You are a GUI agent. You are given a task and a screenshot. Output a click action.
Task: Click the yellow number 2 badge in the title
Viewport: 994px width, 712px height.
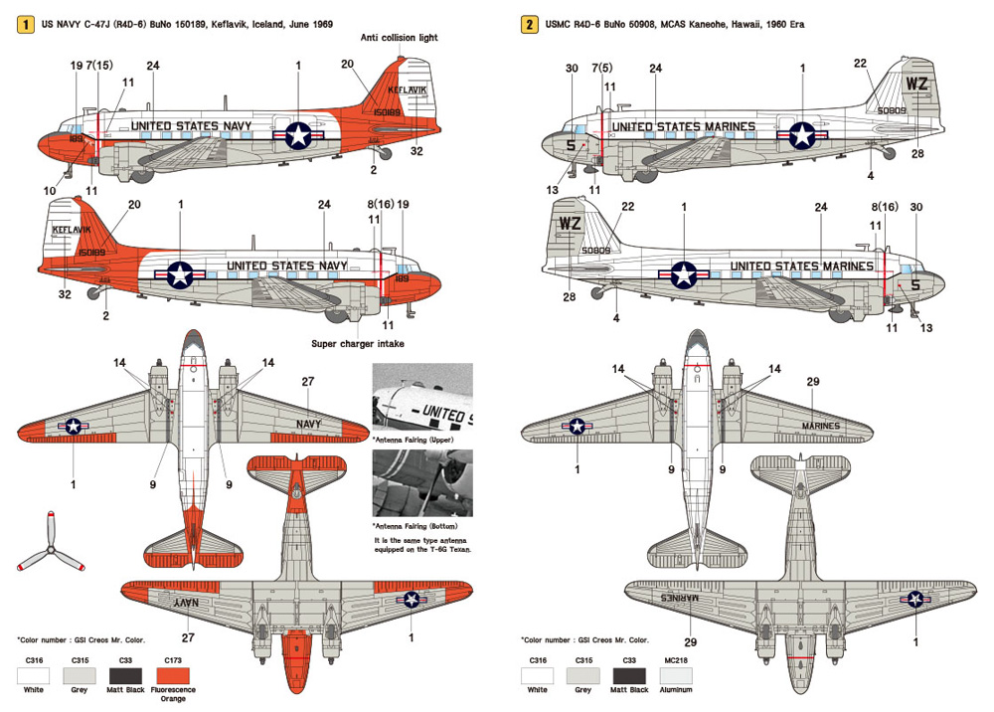530,20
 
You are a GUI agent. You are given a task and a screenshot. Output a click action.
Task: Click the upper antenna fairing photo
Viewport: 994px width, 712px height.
422,398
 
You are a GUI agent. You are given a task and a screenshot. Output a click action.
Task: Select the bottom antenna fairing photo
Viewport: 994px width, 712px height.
422,481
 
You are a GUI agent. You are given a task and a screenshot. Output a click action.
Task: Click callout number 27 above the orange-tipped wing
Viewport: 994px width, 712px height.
308,381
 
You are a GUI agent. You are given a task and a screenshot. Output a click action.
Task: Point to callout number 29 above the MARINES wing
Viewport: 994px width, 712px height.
812,381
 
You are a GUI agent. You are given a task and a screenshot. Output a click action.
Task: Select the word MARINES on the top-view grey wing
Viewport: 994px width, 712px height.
819,426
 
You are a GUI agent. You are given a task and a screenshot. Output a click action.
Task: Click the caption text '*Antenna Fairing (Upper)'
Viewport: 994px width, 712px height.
410,438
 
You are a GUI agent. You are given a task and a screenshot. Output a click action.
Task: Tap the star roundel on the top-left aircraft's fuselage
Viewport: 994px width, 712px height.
298,136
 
